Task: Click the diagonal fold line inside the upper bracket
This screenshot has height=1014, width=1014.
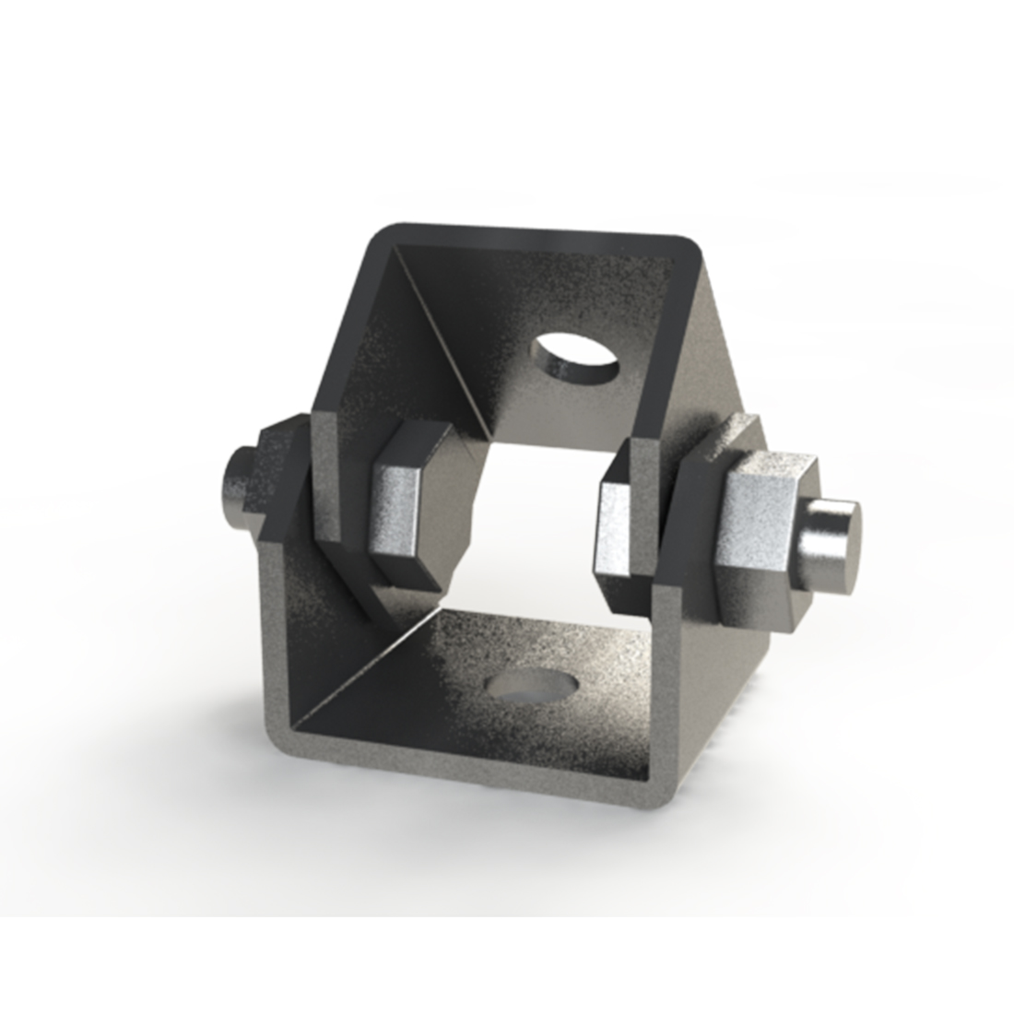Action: coord(442,323)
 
